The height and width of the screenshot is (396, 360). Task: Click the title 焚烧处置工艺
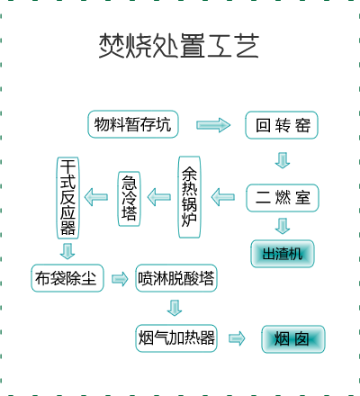point(179,46)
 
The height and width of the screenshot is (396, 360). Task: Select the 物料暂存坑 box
point(133,124)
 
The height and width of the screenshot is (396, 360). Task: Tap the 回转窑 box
point(282,125)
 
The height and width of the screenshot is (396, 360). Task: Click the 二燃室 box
point(283,198)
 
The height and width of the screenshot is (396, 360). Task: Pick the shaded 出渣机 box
point(283,254)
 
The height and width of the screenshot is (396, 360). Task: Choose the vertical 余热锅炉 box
point(189,197)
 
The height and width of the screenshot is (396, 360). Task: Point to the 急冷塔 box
point(129,199)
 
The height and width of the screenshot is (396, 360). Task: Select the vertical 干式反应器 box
point(68,198)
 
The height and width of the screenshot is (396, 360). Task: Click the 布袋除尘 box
point(67,278)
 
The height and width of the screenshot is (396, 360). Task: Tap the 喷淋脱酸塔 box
point(176,278)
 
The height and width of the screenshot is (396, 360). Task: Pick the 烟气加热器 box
point(176,338)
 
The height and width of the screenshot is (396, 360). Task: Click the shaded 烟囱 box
point(293,339)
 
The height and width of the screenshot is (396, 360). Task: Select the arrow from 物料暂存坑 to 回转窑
point(213,125)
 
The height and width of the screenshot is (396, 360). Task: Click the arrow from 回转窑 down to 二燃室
point(283,160)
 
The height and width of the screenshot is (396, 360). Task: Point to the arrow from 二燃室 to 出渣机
point(283,226)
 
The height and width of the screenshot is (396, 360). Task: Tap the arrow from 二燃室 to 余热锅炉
point(223,197)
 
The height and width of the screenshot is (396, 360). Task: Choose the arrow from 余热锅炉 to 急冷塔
point(159,197)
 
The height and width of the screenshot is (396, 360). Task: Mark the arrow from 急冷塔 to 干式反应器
point(96,197)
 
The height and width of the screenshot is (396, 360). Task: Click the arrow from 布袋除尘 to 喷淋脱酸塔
point(120,279)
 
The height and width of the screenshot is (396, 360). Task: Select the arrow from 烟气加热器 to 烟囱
point(237,338)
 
